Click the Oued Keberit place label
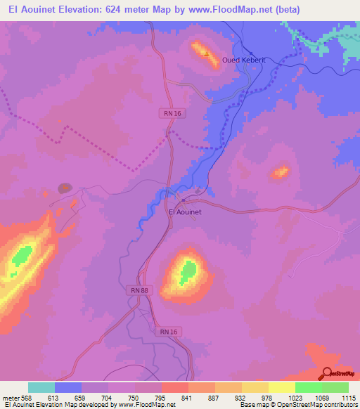[x=244, y=60]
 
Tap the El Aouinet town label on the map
[x=186, y=212]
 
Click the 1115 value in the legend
[x=349, y=397]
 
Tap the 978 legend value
[x=268, y=397]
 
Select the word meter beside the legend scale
[x=11, y=397]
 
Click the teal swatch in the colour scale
[x=41, y=387]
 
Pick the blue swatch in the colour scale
[x=68, y=387]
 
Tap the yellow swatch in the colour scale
[x=282, y=387]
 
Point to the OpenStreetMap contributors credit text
[x=310, y=404]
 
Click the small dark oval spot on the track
[x=64, y=188]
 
